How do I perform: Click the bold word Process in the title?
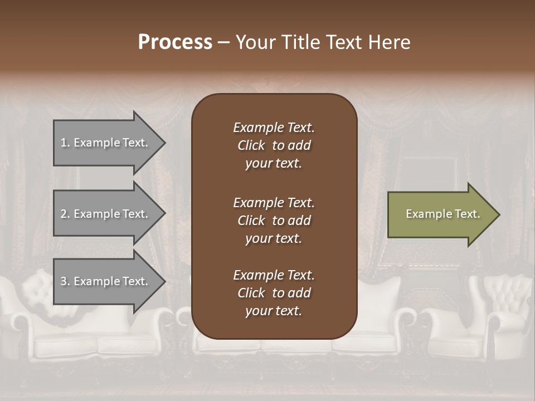point(175,42)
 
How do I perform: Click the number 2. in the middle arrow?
point(65,214)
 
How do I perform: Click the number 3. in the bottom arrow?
point(65,281)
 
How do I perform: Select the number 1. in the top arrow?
point(65,143)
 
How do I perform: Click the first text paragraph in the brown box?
point(274,145)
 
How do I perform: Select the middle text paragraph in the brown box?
point(274,220)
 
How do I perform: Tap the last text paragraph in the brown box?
point(274,293)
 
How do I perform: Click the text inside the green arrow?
point(442,214)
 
